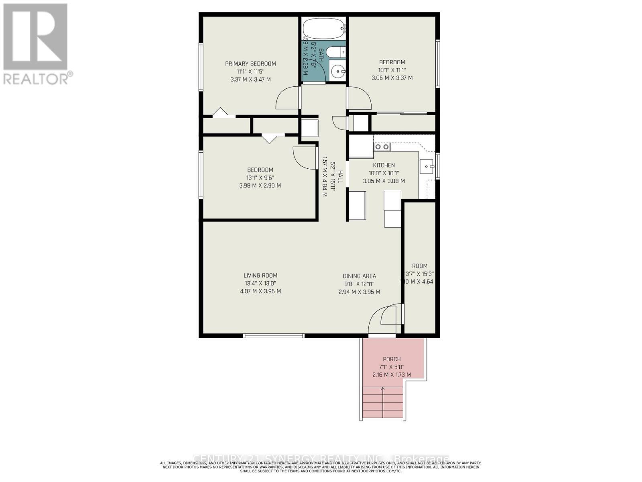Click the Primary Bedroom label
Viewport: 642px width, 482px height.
point(250,63)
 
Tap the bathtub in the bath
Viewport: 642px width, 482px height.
point(323,29)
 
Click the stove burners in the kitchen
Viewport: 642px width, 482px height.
point(382,147)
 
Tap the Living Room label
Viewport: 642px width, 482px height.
point(260,276)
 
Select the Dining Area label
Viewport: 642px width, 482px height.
point(359,276)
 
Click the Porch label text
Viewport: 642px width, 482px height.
point(392,359)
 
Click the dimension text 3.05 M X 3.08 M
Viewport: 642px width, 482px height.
point(384,181)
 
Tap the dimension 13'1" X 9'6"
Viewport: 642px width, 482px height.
point(260,178)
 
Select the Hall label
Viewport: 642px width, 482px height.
point(340,177)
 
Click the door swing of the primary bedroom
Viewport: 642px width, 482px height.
point(287,98)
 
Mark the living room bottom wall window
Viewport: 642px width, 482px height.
point(274,335)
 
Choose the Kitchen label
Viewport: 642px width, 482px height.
point(384,165)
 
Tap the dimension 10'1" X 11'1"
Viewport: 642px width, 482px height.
point(392,70)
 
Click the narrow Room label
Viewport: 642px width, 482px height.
point(420,266)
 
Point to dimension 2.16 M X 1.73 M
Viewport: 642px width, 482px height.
point(391,375)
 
